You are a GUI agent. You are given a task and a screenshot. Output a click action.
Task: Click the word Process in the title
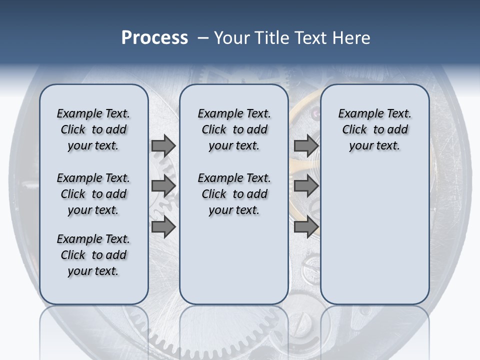[x=154, y=37]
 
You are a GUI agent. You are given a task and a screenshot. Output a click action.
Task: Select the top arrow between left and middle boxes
[x=163, y=145]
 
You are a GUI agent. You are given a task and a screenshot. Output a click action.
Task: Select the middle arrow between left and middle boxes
[x=163, y=186]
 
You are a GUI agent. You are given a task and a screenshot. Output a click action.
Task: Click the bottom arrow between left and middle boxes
[x=163, y=226]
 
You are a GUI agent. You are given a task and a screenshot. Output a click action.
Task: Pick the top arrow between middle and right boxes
[x=306, y=145]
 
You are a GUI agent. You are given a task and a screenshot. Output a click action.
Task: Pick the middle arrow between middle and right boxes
[x=306, y=186]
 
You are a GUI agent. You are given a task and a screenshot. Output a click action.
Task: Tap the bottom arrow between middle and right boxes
[x=306, y=226]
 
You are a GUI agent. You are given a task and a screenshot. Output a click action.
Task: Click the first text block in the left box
[x=93, y=129]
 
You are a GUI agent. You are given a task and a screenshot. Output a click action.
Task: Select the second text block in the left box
[x=93, y=194]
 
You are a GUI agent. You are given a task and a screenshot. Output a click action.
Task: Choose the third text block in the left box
[x=93, y=255]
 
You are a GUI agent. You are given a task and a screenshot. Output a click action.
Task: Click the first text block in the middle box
[x=234, y=129]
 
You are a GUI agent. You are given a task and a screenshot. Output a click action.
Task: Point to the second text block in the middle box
[x=234, y=194]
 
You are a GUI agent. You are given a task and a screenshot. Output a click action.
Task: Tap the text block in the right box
[x=374, y=129]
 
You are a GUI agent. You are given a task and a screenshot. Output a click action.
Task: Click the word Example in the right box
[x=356, y=114]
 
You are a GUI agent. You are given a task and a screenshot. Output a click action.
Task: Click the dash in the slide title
[x=202, y=38]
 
